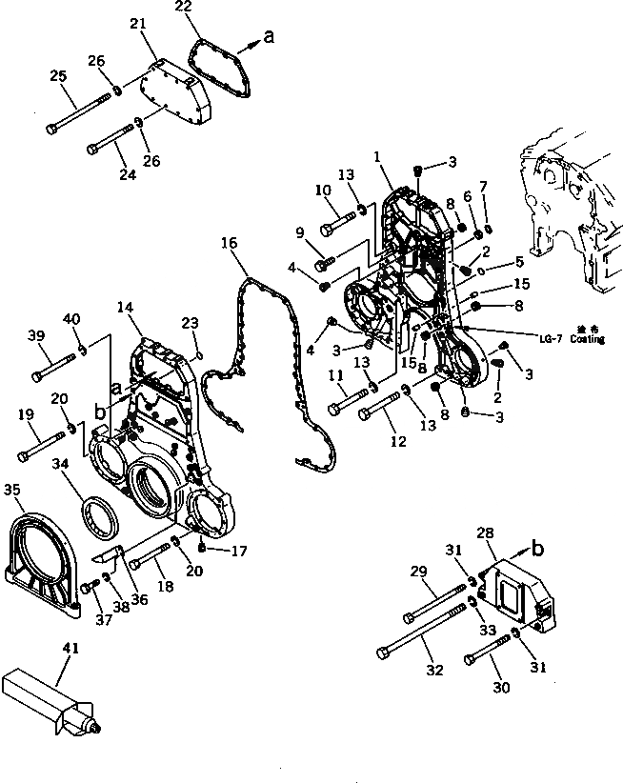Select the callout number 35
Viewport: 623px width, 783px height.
click(x=11, y=490)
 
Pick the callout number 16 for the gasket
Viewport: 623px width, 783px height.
click(x=229, y=244)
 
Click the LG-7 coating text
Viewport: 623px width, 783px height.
click(x=567, y=337)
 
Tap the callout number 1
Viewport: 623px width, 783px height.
click(x=378, y=156)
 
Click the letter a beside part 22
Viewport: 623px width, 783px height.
click(x=269, y=37)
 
